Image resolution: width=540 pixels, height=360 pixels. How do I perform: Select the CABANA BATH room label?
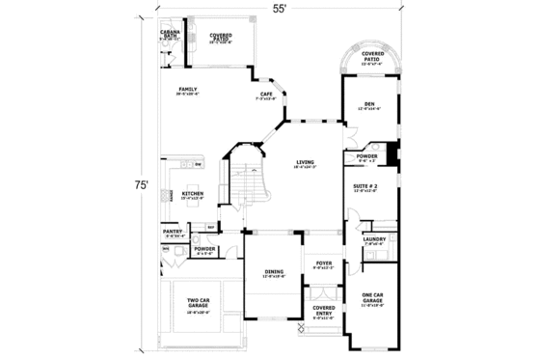click(173, 36)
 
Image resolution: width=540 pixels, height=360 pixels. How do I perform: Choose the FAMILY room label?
click(187, 92)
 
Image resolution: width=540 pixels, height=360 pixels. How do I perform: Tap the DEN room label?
click(369, 106)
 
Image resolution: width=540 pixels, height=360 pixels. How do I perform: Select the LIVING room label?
click(306, 163)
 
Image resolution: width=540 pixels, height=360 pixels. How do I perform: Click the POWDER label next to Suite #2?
click(366, 157)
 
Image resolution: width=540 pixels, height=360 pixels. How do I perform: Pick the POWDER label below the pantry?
click(204, 250)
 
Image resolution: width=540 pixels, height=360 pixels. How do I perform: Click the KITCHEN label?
click(193, 195)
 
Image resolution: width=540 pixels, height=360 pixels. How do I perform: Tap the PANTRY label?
click(173, 233)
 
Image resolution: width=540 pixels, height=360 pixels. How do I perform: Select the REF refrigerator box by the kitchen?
click(210, 228)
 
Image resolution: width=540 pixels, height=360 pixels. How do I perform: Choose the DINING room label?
click(274, 273)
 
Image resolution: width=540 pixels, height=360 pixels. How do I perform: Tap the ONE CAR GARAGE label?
click(372, 300)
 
